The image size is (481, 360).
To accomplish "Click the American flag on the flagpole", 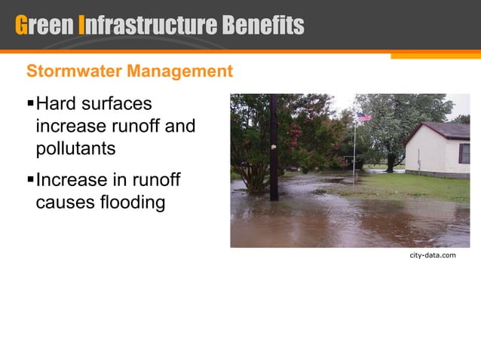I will point(364,117).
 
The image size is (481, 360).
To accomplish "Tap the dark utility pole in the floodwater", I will point(274,151).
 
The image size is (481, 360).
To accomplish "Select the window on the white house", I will point(464,153).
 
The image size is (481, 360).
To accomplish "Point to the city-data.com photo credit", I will point(433,256).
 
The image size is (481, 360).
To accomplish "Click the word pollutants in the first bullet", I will point(75,148).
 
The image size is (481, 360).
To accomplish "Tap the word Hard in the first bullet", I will point(57,103).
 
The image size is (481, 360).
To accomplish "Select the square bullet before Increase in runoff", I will point(30,181).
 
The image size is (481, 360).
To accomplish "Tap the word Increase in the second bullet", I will point(72,181).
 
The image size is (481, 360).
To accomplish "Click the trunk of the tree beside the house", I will point(390,163).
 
